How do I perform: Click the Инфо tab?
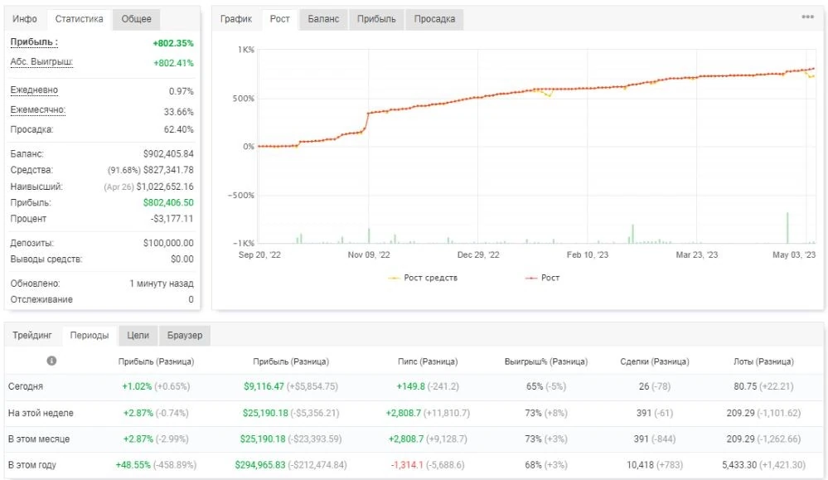click(25, 19)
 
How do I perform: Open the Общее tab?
click(136, 19)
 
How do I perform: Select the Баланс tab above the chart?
click(323, 19)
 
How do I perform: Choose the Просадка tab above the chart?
click(434, 19)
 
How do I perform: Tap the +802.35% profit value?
click(173, 43)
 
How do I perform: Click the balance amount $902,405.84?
click(168, 154)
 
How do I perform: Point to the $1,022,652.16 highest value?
click(165, 187)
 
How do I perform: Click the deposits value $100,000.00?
click(168, 243)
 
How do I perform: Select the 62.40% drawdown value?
click(179, 129)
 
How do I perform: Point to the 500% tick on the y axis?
click(244, 98)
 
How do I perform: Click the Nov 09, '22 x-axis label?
click(369, 255)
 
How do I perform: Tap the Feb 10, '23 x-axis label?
click(587, 255)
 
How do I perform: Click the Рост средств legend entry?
click(423, 278)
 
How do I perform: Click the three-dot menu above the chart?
click(807, 17)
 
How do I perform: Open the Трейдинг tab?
click(32, 335)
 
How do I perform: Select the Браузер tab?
click(185, 335)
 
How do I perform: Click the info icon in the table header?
click(51, 361)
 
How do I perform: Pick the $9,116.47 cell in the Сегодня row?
click(264, 386)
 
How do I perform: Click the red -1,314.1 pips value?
click(407, 465)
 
